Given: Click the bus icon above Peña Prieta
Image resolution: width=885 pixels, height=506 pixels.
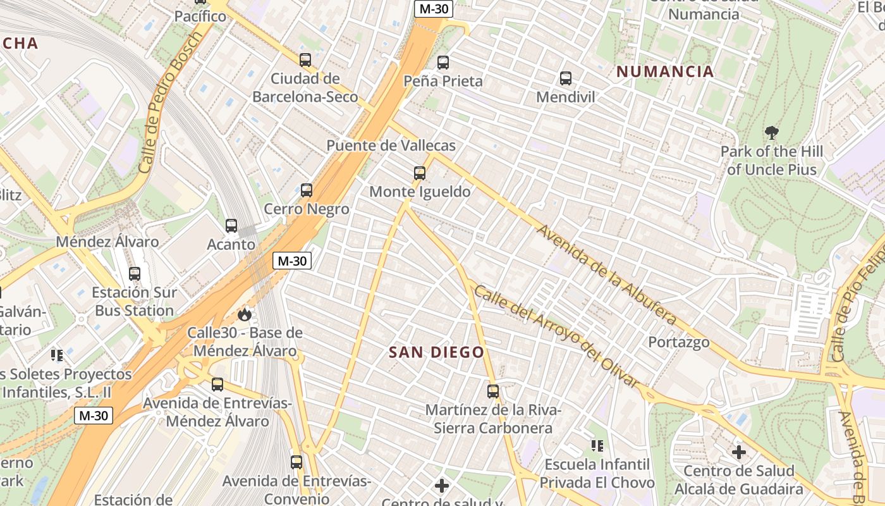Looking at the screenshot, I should pyautogui.click(x=443, y=63).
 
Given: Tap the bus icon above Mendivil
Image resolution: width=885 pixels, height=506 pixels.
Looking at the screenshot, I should pyautogui.click(x=566, y=78).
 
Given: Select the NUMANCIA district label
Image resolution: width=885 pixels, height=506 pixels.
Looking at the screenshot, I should pyautogui.click(x=665, y=71).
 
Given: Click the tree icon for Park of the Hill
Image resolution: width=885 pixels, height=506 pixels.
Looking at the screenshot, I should pyautogui.click(x=771, y=133).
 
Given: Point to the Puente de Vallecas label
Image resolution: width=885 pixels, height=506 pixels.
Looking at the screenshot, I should pyautogui.click(x=391, y=145).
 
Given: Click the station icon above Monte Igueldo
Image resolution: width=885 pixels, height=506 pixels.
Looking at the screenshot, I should pyautogui.click(x=419, y=173).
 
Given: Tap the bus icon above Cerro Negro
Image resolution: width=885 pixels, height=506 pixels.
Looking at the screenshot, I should pyautogui.click(x=307, y=190).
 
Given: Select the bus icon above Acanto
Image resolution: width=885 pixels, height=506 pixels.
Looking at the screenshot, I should pyautogui.click(x=231, y=225).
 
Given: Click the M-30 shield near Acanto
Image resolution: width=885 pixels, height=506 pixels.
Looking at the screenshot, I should pyautogui.click(x=292, y=260).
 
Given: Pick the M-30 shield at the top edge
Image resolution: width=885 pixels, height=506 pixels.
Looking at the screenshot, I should pyautogui.click(x=433, y=8).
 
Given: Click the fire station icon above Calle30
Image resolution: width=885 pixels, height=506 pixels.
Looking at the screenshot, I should pyautogui.click(x=245, y=314).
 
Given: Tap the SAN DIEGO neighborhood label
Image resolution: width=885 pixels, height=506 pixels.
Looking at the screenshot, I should pyautogui.click(x=436, y=352).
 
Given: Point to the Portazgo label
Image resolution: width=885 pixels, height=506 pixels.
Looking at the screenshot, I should pyautogui.click(x=678, y=342).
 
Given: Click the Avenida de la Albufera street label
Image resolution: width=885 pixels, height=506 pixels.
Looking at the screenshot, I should pyautogui.click(x=606, y=275).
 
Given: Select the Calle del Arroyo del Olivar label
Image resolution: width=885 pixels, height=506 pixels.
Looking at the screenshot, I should pyautogui.click(x=557, y=336).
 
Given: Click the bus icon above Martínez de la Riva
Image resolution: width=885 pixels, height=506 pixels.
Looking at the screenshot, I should pyautogui.click(x=493, y=392).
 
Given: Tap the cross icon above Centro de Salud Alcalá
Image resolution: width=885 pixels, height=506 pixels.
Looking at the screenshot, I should pyautogui.click(x=738, y=452).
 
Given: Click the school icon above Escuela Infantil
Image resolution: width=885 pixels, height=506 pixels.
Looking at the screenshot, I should pyautogui.click(x=597, y=446).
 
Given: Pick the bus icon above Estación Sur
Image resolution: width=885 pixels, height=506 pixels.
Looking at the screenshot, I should pyautogui.click(x=135, y=274).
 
